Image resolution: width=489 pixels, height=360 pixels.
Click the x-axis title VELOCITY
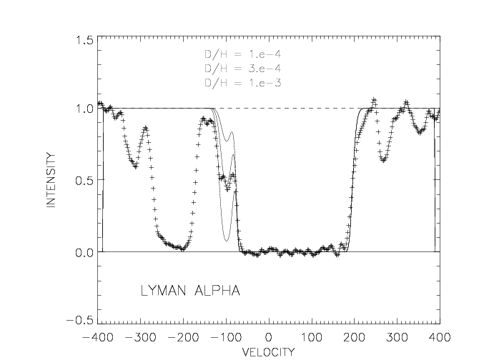[x=268, y=351]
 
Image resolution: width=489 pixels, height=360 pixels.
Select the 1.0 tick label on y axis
[x=84, y=109]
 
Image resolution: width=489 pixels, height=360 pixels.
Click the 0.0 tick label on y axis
[x=84, y=252]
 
